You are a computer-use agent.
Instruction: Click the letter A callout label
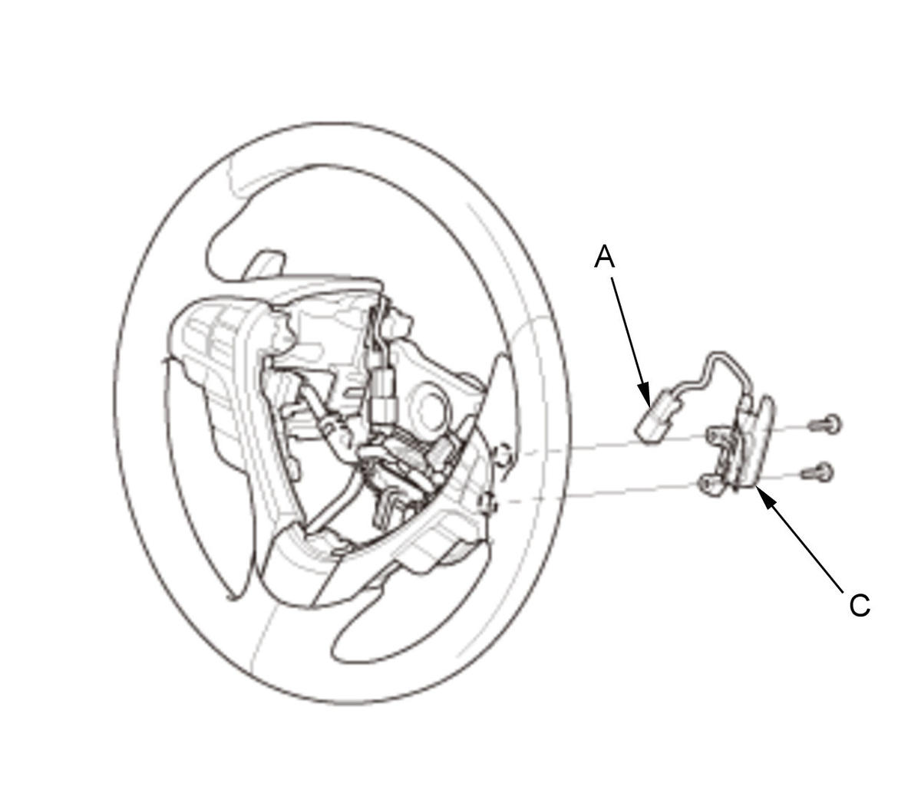coord(605,256)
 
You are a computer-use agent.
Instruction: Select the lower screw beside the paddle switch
coord(817,472)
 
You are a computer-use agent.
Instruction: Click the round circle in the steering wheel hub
coord(428,410)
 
